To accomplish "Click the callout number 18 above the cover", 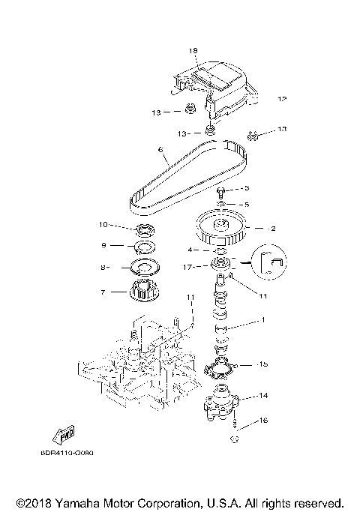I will [193, 50].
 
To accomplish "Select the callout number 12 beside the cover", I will [282, 99].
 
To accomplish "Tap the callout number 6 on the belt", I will [160, 149].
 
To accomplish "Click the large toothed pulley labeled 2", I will [222, 229].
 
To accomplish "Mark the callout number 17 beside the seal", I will [199, 265].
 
